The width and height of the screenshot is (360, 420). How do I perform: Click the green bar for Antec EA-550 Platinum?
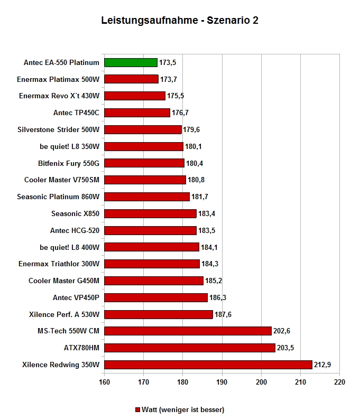(131, 63)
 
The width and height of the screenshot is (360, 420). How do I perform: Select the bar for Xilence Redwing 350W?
(208, 365)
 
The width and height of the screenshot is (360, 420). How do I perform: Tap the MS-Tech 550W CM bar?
(188, 331)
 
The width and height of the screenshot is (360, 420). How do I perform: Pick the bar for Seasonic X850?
(150, 214)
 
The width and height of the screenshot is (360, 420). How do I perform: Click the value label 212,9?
(322, 365)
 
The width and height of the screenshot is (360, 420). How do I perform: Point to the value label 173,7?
(169, 80)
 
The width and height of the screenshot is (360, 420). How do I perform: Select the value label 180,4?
(195, 163)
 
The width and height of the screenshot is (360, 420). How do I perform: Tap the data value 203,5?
(285, 348)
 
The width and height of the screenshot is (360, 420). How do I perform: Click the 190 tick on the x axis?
(222, 382)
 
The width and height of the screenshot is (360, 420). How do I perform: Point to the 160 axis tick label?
(104, 382)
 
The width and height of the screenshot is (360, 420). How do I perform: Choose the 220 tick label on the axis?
(339, 382)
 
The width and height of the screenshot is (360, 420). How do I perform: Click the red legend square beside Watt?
(138, 410)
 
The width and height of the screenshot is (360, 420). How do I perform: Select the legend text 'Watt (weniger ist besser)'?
(183, 410)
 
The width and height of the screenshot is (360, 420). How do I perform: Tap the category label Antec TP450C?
(76, 113)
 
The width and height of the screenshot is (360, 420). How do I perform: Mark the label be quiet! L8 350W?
(69, 146)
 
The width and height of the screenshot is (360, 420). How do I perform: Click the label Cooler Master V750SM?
(62, 180)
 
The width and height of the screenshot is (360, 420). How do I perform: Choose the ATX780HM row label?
(81, 348)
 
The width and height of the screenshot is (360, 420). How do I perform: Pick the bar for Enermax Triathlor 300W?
(152, 264)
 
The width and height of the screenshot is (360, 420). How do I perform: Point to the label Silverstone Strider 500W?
(59, 129)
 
